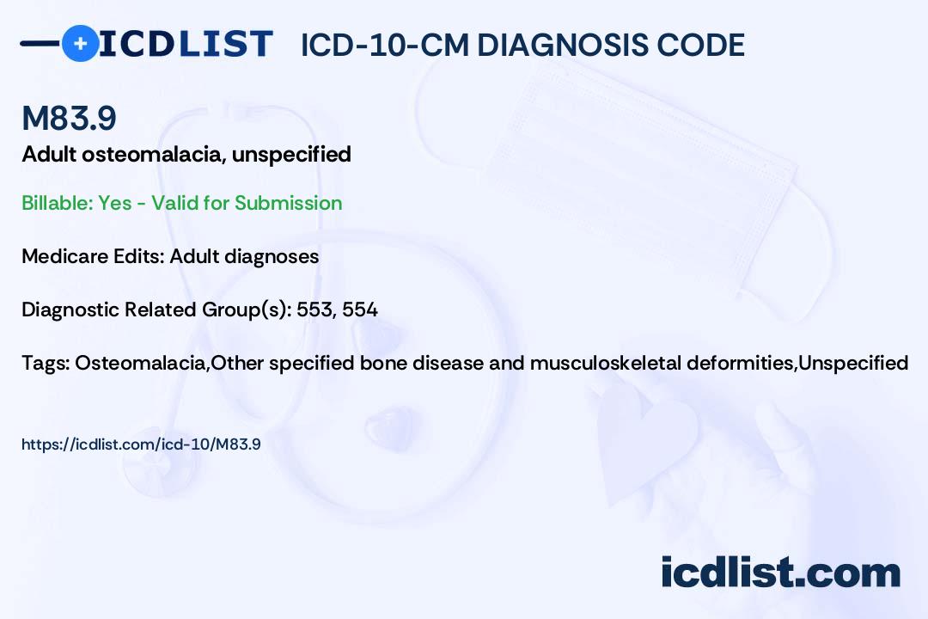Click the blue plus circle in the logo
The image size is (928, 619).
tap(80, 43)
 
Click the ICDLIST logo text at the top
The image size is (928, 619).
tap(186, 43)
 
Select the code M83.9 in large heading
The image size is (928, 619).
tap(69, 119)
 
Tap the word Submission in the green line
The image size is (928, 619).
tap(288, 203)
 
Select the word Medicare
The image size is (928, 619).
tap(59, 256)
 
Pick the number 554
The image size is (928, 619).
tap(360, 309)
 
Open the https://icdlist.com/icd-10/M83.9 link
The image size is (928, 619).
tap(141, 444)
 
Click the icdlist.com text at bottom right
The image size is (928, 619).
tap(780, 572)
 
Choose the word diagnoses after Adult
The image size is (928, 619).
tap(275, 256)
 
